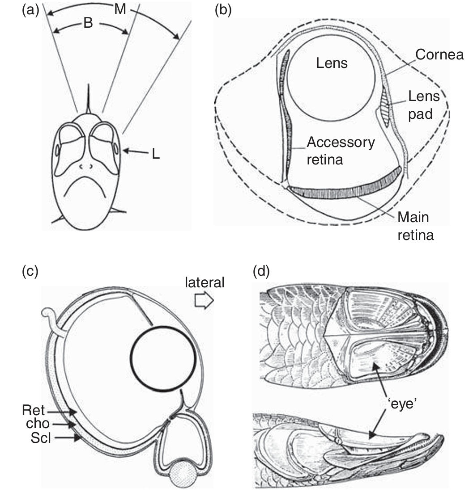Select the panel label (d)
click(261, 271)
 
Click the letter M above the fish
click(119, 9)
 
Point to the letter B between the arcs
click(88, 23)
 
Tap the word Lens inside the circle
click(332, 63)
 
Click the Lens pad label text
click(423, 105)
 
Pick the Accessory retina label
click(340, 151)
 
